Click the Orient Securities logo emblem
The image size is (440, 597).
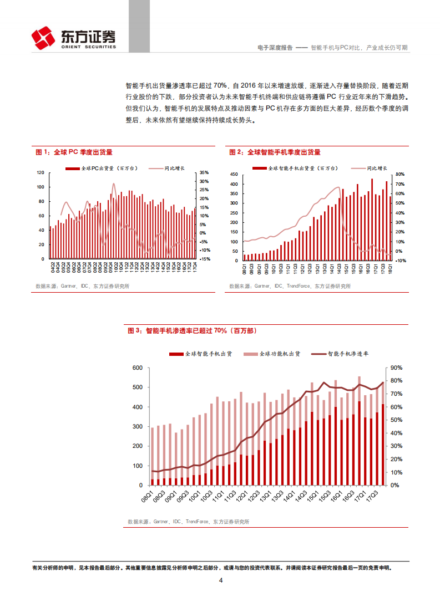pos(44,38)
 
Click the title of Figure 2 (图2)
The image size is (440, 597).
pos(275,152)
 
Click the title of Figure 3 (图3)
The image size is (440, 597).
pos(192,330)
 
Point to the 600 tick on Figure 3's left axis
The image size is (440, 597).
pos(138,368)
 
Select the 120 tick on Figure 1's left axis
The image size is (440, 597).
pos(41,173)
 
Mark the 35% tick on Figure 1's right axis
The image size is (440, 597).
pos(204,173)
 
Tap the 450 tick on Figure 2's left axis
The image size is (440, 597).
pos(234,174)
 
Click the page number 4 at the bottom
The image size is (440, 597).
pos(220,580)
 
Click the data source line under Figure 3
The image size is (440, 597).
pos(188,522)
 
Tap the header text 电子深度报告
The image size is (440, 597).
pos(276,48)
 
